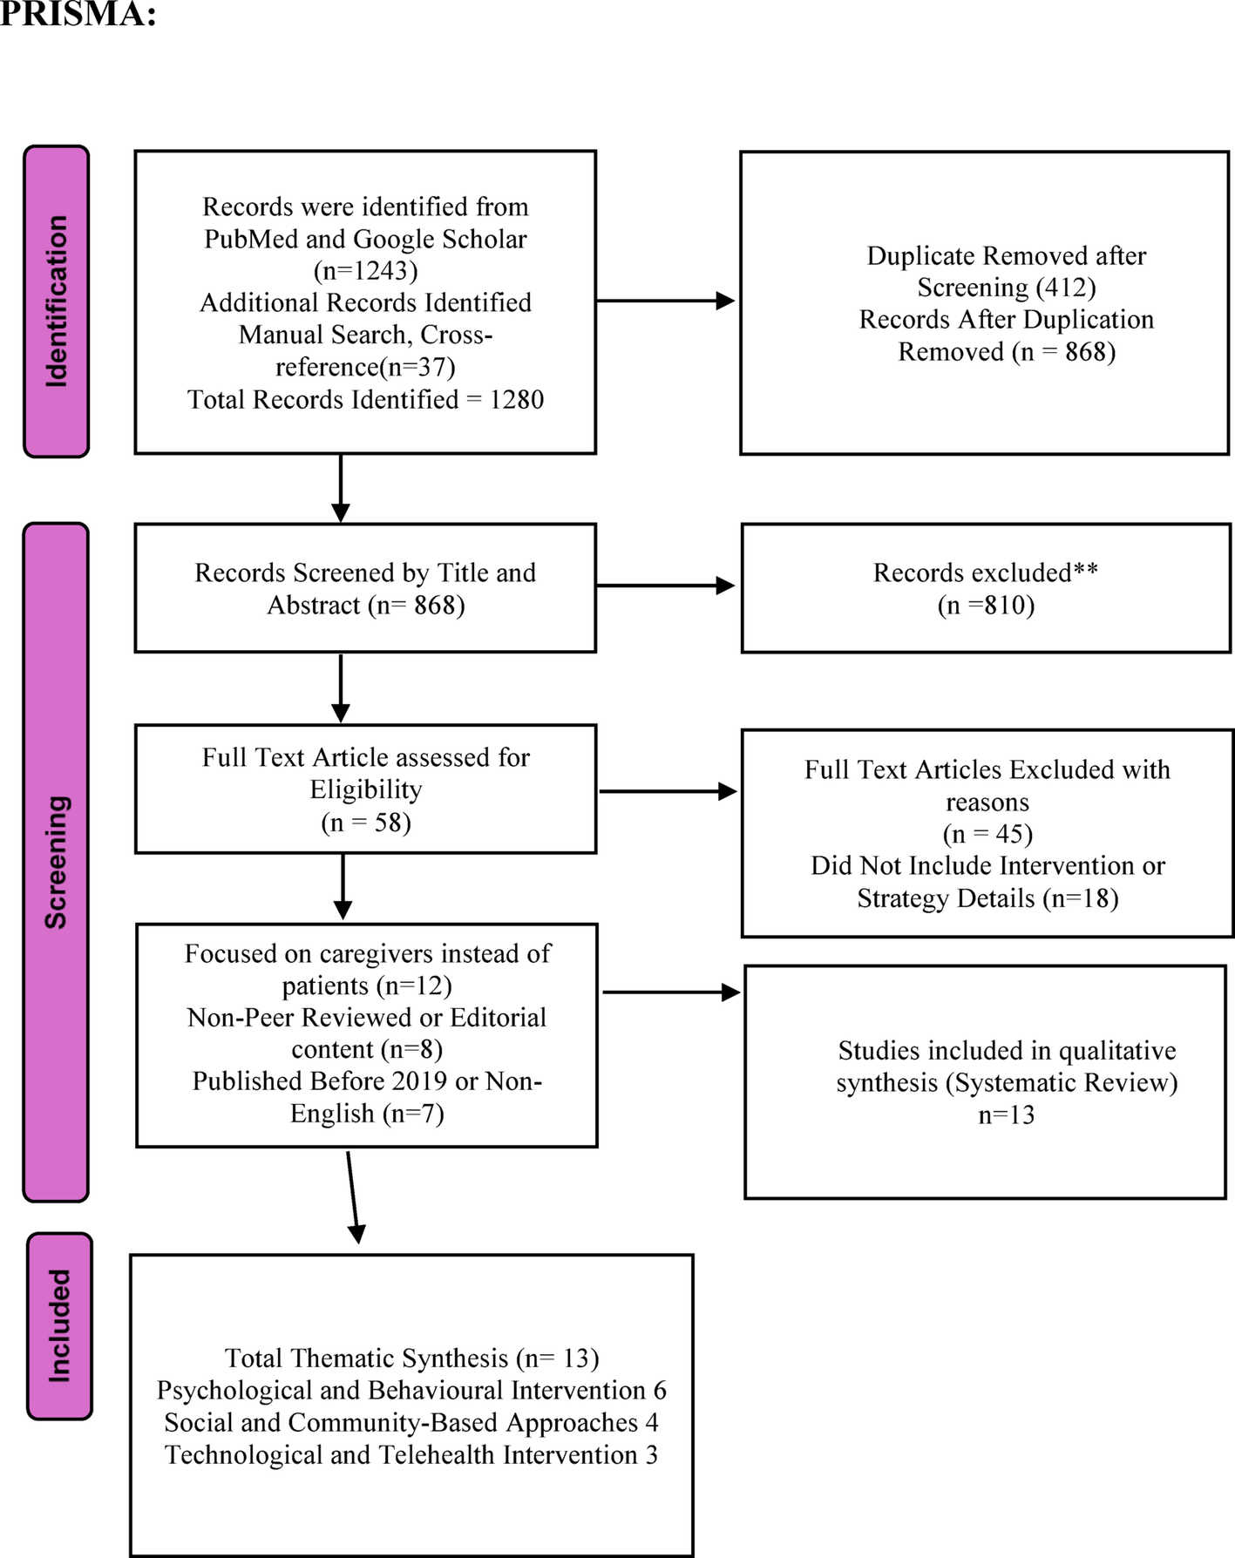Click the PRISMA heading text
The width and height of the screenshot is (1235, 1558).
(x=77, y=13)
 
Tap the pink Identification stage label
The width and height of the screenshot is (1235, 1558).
(x=57, y=301)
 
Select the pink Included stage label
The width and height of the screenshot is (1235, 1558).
(x=59, y=1326)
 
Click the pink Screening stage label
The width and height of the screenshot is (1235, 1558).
(x=57, y=862)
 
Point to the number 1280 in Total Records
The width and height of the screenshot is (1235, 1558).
(x=516, y=400)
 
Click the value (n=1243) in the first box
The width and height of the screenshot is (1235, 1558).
(x=365, y=271)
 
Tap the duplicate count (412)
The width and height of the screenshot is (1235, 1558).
(x=1066, y=288)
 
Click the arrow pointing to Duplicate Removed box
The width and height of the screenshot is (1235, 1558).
(x=666, y=301)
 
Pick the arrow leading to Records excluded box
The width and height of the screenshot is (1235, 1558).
(x=666, y=586)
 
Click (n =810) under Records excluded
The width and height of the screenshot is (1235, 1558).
(x=986, y=605)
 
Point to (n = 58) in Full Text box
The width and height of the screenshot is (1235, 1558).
(x=365, y=822)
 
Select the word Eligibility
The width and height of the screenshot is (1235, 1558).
(x=365, y=789)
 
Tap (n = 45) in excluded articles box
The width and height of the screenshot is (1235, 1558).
(x=987, y=834)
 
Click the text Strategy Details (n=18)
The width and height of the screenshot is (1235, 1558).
(x=987, y=898)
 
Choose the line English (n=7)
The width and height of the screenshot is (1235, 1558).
(x=367, y=1114)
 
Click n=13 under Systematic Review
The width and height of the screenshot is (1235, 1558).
(x=1006, y=1115)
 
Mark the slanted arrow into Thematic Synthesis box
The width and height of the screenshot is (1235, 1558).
(x=353, y=1198)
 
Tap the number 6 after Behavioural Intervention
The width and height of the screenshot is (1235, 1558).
(x=660, y=1391)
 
